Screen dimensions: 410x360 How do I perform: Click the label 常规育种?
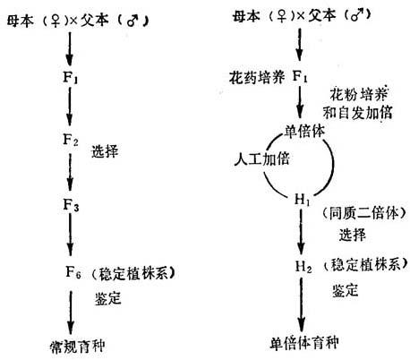coord(78,347)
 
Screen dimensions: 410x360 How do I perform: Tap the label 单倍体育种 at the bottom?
coord(304,343)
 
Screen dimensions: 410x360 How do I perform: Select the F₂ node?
coord(71,140)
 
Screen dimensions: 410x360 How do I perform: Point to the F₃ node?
coord(71,205)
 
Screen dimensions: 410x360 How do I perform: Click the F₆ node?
coord(73,272)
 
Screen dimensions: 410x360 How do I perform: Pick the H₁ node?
coord(302,200)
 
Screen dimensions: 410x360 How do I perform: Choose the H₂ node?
coord(303,266)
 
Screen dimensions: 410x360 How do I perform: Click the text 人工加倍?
coord(261,159)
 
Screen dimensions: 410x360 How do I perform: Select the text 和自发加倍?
coord(357,113)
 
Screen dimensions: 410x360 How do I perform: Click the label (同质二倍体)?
coord(363,213)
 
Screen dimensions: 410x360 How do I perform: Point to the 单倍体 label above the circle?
coord(304,132)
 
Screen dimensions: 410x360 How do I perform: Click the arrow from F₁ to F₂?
coord(70,107)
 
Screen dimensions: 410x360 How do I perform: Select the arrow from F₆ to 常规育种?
coord(71,313)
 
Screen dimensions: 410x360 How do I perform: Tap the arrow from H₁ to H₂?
coord(302,232)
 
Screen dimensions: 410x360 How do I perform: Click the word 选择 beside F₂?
coord(105,151)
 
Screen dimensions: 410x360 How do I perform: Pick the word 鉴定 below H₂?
coord(346,290)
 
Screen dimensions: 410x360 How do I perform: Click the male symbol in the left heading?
coord(132,21)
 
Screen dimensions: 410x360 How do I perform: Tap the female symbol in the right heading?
coord(281,16)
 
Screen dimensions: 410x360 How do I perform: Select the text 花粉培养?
coord(359,94)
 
